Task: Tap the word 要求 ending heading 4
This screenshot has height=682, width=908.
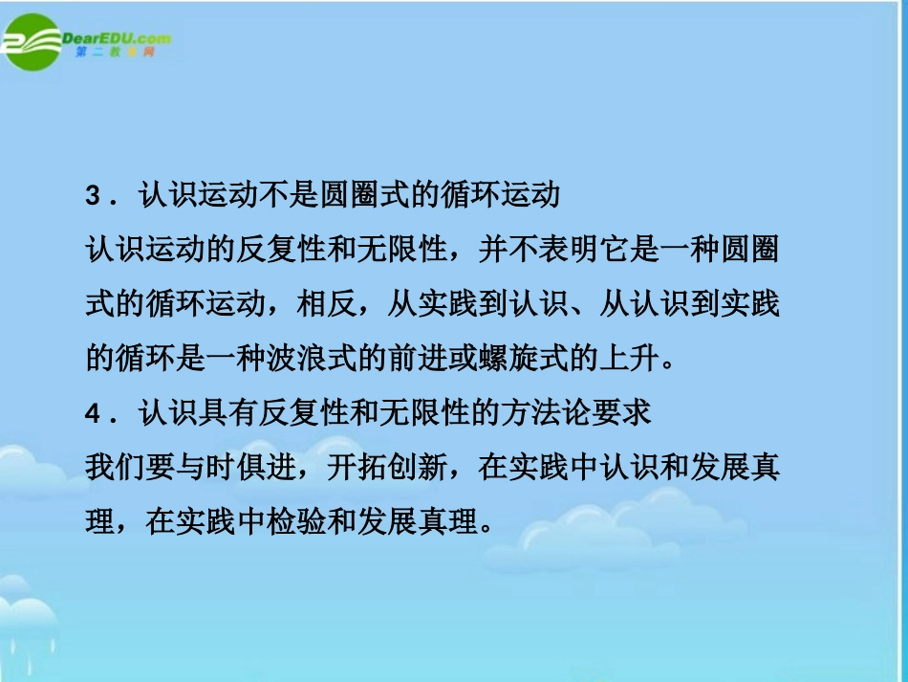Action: point(625,413)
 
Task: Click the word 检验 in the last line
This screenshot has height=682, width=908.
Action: point(306,522)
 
